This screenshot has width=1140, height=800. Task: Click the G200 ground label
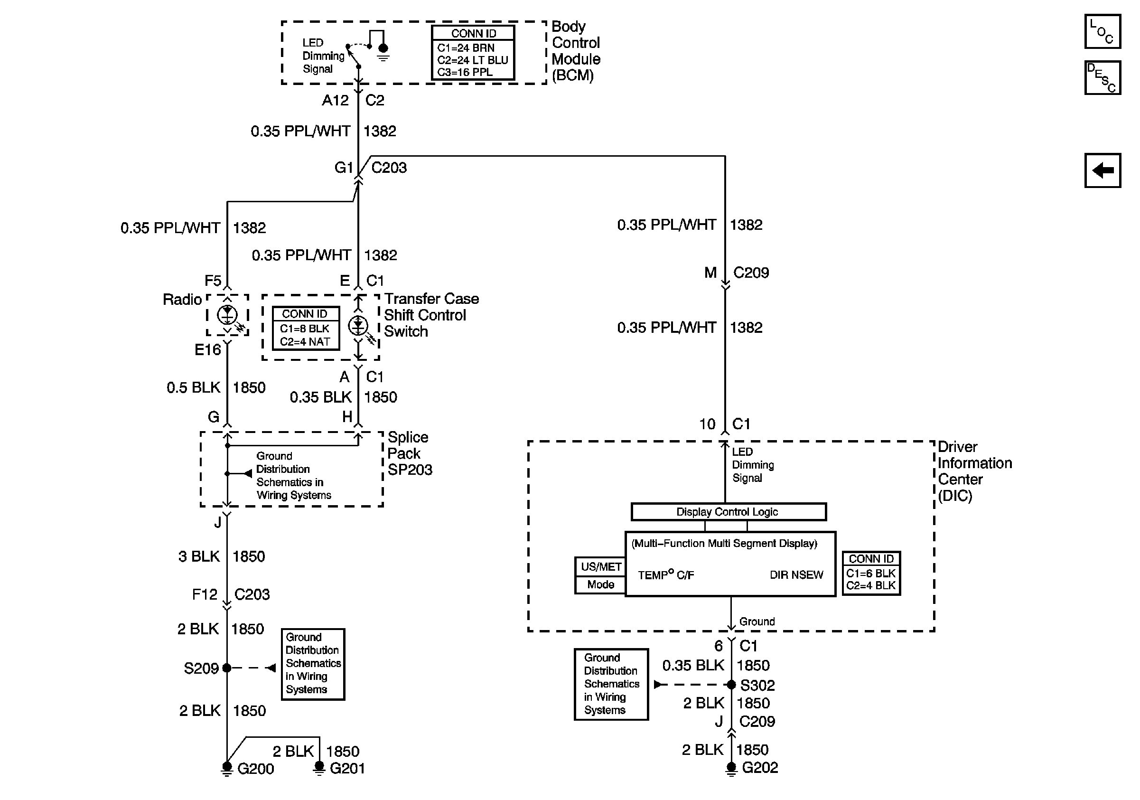tap(256, 769)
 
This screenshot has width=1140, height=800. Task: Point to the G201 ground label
tap(347, 769)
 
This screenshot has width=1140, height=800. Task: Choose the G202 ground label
tap(760, 768)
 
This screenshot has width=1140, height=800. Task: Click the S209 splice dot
tap(227, 668)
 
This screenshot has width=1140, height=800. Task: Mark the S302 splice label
tap(757, 685)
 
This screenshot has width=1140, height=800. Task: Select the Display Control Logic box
tap(729, 511)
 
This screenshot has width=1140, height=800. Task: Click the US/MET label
tap(601, 566)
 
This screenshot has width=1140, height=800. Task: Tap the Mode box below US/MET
tap(600, 584)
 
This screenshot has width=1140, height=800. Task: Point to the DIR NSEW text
tap(796, 574)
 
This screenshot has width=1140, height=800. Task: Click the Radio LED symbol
tap(227, 315)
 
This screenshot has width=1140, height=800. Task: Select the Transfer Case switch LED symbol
tap(358, 326)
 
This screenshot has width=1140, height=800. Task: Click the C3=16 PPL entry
tap(465, 72)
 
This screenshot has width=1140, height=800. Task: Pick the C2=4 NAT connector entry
tap(305, 342)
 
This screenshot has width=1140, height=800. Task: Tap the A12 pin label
tap(335, 100)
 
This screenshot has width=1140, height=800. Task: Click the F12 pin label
tap(205, 594)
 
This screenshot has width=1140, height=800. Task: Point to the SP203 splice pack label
tap(410, 470)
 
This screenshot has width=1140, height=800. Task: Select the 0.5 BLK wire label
tap(193, 387)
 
